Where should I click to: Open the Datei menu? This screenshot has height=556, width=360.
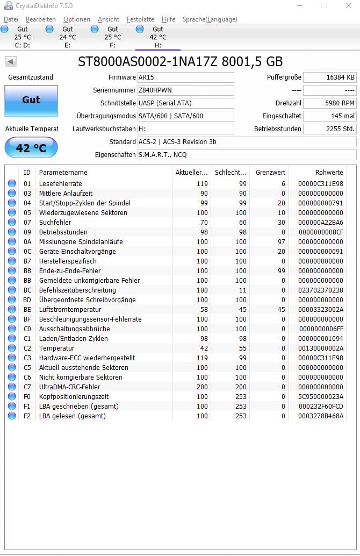pyautogui.click(x=11, y=19)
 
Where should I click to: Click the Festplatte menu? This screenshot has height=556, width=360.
pyautogui.click(x=140, y=19)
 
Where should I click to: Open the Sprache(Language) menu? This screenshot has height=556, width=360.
pyautogui.click(x=210, y=19)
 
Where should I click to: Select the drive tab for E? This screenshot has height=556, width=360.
pyautogui.click(x=67, y=37)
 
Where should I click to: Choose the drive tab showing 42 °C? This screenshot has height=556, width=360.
pyautogui.click(x=157, y=37)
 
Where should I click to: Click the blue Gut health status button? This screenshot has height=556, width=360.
pyautogui.click(x=31, y=100)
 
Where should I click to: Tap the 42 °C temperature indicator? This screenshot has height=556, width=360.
pyautogui.click(x=31, y=148)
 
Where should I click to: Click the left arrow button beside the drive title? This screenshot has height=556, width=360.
pyautogui.click(x=10, y=61)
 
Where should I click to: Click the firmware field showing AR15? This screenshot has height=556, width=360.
pyautogui.click(x=185, y=77)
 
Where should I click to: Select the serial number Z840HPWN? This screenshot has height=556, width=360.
pyautogui.click(x=185, y=90)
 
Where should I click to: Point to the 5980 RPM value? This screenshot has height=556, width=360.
pyautogui.click(x=329, y=103)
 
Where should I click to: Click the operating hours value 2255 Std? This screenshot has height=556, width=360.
pyautogui.click(x=329, y=129)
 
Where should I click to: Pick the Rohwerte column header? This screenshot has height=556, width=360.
pyautogui.click(x=329, y=173)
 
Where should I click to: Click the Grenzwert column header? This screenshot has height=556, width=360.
pyautogui.click(x=270, y=173)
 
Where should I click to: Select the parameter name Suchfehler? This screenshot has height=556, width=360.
pyautogui.click(x=55, y=223)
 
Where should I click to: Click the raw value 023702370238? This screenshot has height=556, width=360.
pyautogui.click(x=321, y=290)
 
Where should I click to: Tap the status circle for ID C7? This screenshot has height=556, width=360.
pyautogui.click(x=12, y=387)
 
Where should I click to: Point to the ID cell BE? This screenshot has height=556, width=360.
pyautogui.click(x=27, y=310)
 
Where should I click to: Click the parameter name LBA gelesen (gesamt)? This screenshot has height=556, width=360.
pyautogui.click(x=72, y=416)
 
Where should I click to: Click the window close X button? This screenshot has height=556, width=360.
pyautogui.click(x=348, y=6)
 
